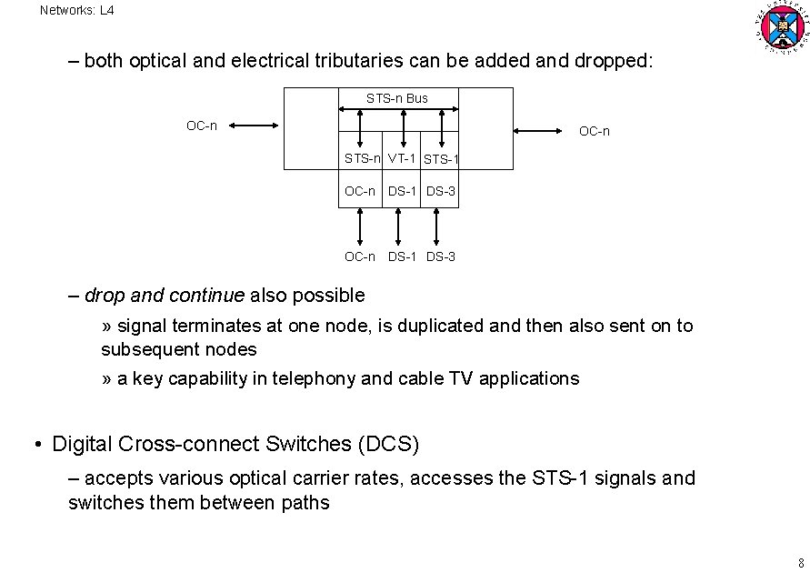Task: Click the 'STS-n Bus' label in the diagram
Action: click(397, 98)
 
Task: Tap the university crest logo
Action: click(779, 27)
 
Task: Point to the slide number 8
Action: click(800, 561)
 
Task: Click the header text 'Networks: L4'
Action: click(77, 11)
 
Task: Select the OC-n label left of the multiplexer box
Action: click(202, 126)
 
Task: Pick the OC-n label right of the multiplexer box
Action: click(595, 132)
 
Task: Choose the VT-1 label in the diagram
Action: click(402, 158)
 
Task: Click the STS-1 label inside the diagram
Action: click(442, 160)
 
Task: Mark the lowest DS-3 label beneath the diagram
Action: click(441, 256)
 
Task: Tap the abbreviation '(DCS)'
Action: click(389, 445)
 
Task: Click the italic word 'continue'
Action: click(212, 295)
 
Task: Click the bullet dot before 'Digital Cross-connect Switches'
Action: click(38, 446)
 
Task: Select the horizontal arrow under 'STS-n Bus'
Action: click(397, 109)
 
